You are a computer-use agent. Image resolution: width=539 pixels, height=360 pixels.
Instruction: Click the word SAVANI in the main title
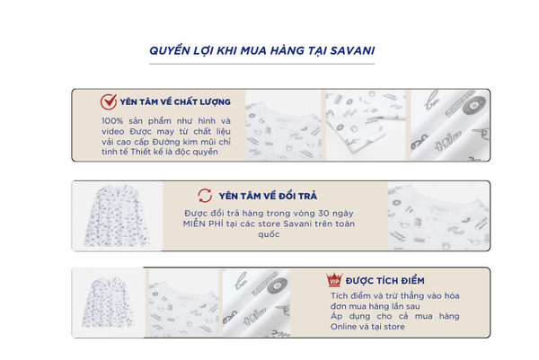[x=352, y=51]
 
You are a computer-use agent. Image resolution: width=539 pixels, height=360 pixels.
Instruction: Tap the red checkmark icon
[x=109, y=101]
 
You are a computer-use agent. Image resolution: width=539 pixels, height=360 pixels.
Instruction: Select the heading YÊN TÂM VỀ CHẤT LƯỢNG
[x=175, y=102]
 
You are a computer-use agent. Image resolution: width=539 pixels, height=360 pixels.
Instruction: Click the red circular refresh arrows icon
[x=205, y=196]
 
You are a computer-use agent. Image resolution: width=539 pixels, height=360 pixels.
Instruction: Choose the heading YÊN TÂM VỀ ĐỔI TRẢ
[x=268, y=196]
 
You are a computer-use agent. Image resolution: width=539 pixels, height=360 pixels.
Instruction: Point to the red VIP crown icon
[x=334, y=279]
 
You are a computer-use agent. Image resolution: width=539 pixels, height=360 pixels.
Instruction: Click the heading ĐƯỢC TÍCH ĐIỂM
[x=385, y=281]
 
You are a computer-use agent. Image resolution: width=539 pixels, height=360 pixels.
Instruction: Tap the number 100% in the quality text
[x=112, y=121]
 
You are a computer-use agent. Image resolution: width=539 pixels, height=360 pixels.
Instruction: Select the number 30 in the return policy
[x=323, y=214]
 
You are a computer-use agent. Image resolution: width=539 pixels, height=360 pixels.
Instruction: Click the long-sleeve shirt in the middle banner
[x=117, y=215]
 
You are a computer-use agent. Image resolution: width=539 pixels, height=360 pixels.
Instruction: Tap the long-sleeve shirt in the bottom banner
[x=108, y=303]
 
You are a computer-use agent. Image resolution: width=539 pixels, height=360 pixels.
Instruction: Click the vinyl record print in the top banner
[x=474, y=104]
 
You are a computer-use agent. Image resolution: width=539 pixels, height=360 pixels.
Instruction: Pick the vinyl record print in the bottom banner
[x=277, y=286]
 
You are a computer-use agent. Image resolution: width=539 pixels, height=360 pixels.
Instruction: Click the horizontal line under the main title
[x=261, y=64]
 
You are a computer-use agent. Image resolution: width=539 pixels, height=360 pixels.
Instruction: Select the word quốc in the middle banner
[x=269, y=234]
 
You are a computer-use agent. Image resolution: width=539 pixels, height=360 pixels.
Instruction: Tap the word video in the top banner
[x=113, y=132]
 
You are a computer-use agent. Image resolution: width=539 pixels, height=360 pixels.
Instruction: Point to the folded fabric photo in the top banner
[x=366, y=125]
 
